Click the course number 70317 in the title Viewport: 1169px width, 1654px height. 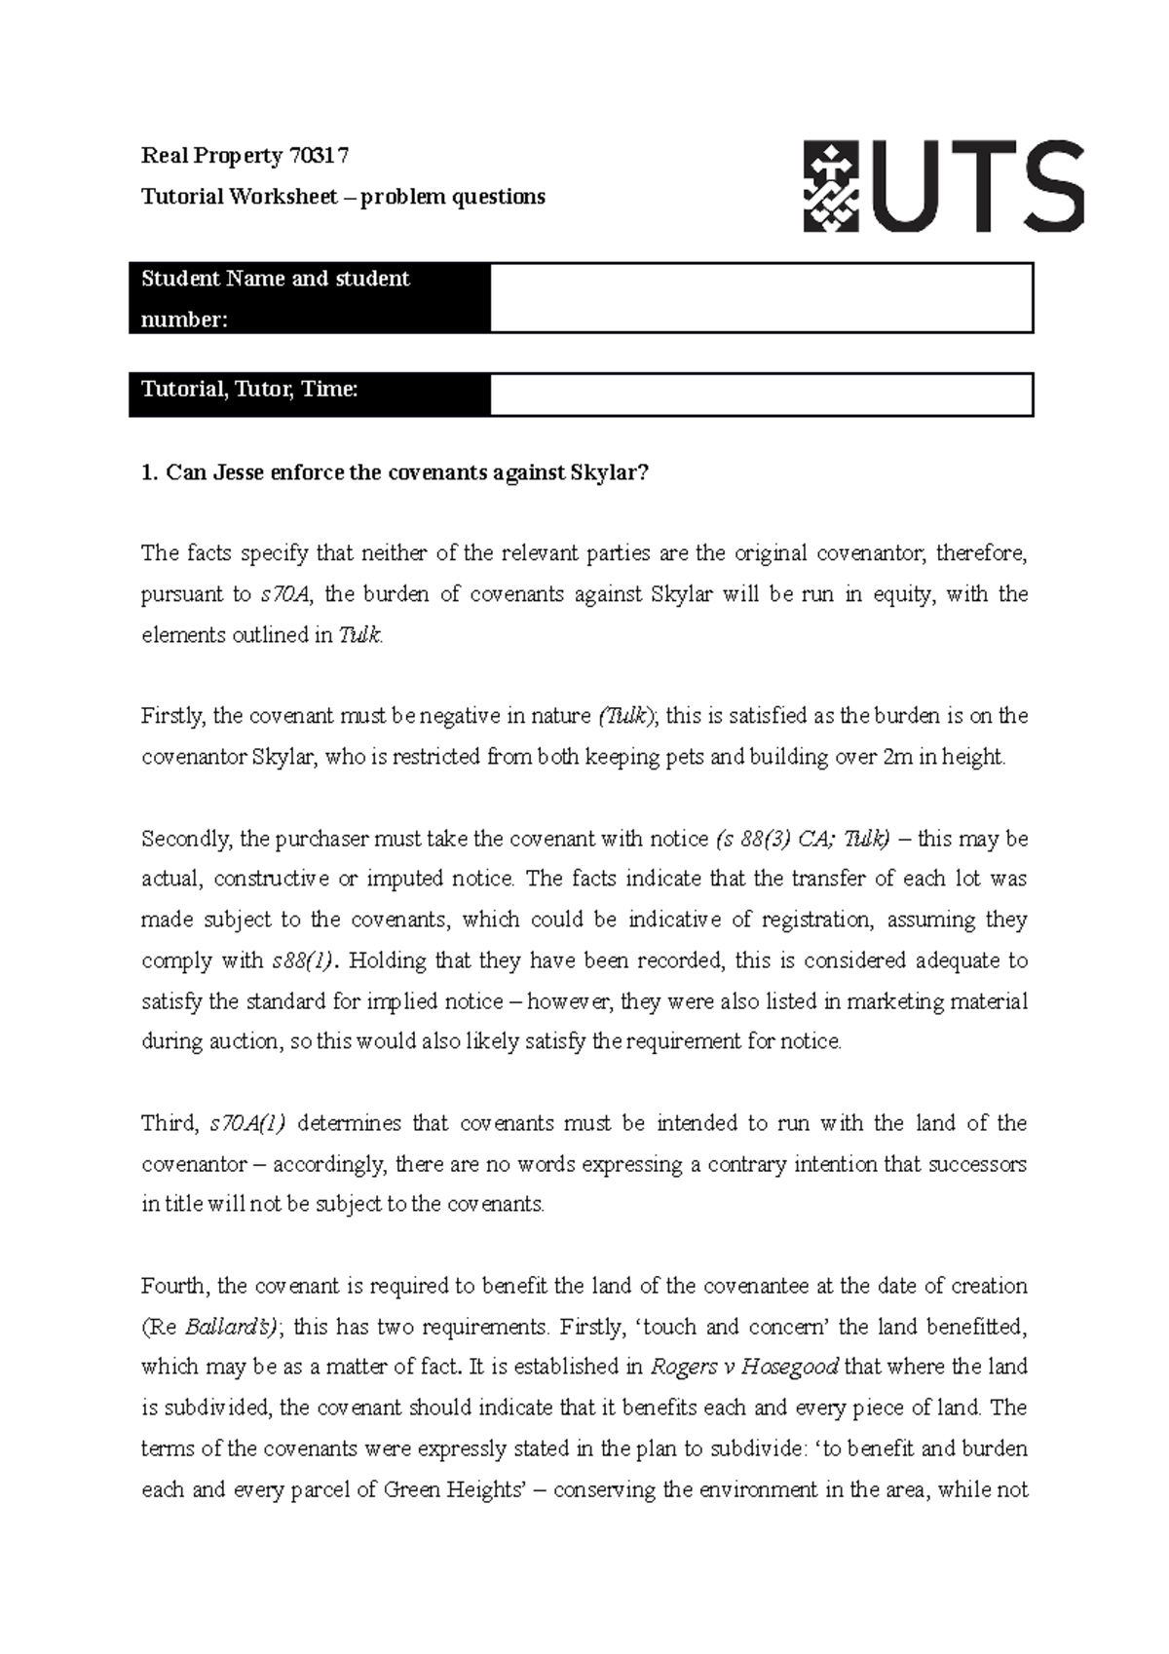tap(318, 156)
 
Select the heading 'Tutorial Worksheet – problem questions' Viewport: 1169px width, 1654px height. tap(343, 197)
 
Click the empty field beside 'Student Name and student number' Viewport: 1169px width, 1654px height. tap(761, 298)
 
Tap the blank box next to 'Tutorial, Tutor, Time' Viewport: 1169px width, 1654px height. tap(761, 395)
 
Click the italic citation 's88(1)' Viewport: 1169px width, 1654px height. tap(302, 960)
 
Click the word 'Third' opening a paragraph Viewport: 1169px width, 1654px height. tap(170, 1123)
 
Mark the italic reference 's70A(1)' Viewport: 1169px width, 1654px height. tap(247, 1123)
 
